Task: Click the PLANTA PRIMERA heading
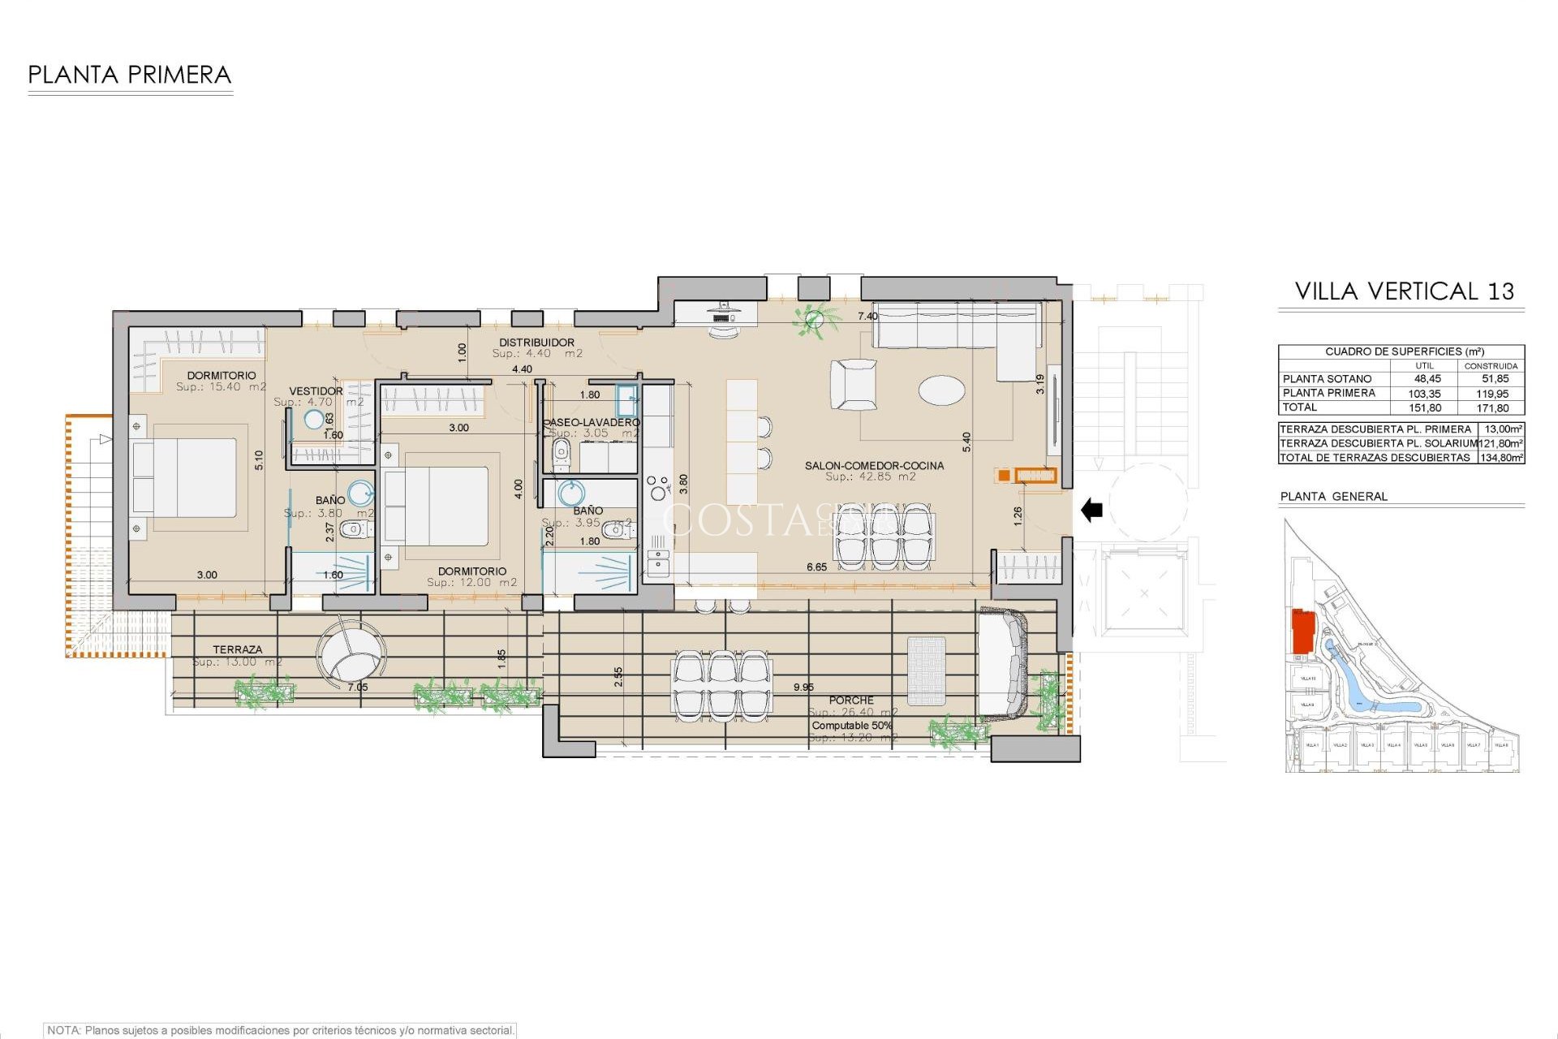[x=130, y=75]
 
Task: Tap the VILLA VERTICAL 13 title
[x=1404, y=291]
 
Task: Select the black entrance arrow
[x=1092, y=511]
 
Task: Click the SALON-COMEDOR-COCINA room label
[x=874, y=466]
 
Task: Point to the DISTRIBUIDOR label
[x=536, y=343]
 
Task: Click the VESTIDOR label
[x=316, y=391]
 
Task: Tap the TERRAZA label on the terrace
[x=238, y=649]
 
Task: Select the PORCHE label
[x=851, y=700]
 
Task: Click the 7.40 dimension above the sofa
[x=867, y=317]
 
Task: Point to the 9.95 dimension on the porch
[x=803, y=688]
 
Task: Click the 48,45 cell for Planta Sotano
[x=1427, y=379]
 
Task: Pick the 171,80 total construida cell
[x=1492, y=408]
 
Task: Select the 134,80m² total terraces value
[x=1501, y=458]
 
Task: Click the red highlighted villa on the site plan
[x=1302, y=631]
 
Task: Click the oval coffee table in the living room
[x=941, y=390]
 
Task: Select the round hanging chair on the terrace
[x=351, y=655]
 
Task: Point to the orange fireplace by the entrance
[x=1035, y=476]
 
